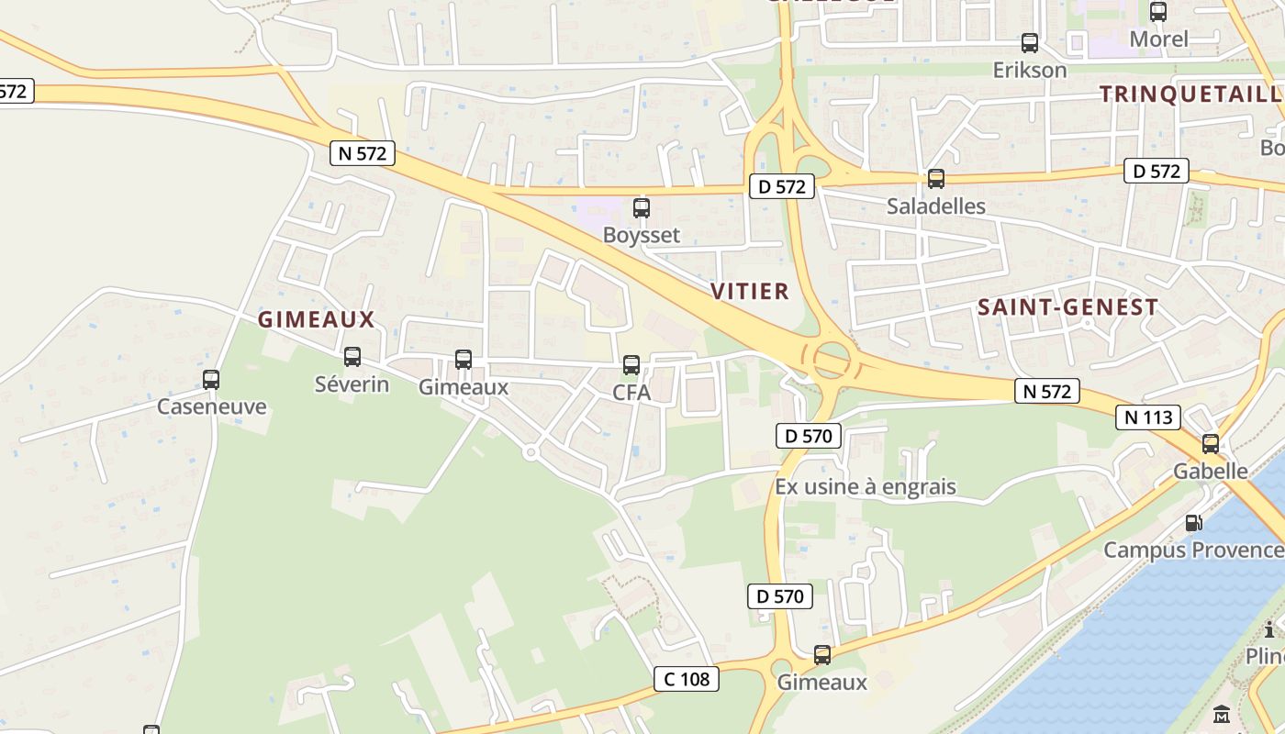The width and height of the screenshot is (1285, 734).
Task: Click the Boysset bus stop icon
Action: [642, 208]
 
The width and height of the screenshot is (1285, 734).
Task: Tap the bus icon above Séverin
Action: [352, 357]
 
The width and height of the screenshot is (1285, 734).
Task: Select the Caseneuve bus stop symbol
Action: [211, 379]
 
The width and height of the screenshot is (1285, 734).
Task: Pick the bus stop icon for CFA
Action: [631, 364]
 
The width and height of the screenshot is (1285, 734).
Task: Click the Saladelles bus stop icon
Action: [936, 179]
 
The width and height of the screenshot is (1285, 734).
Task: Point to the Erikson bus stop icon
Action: [1030, 42]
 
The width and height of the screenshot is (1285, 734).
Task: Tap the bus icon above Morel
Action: [1158, 12]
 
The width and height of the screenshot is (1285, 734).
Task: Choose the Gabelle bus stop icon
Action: [1211, 444]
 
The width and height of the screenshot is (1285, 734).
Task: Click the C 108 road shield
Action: [687, 679]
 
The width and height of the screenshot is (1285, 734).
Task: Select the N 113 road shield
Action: [1147, 417]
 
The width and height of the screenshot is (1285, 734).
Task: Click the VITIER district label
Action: [750, 292]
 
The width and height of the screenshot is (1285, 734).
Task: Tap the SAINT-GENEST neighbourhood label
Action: [1067, 307]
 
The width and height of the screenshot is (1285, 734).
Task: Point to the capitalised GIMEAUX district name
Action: [317, 319]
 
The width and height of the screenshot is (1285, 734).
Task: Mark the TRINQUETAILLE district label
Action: [1191, 94]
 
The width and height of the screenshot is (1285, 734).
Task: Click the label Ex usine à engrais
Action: [866, 486]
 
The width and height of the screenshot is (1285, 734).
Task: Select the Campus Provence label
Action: [1193, 550]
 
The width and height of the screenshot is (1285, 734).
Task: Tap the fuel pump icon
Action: [1194, 523]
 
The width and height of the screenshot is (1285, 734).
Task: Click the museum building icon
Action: [1222, 714]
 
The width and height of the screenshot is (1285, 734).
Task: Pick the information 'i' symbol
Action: [1270, 629]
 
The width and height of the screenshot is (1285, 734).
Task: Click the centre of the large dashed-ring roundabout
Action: [832, 360]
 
